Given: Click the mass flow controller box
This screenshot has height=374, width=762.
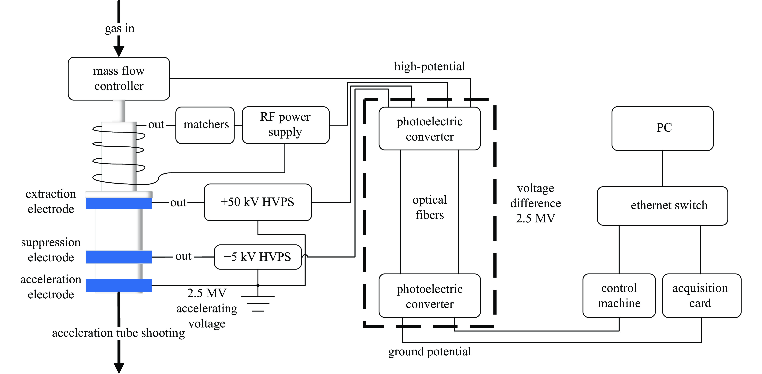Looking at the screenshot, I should click(119, 78).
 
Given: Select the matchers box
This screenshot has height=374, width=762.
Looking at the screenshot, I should click(205, 125).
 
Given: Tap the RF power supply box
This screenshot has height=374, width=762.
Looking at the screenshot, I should click(285, 125).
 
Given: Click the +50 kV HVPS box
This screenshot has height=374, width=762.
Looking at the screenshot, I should click(258, 202).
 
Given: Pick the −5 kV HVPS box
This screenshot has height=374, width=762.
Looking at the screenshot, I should click(258, 257).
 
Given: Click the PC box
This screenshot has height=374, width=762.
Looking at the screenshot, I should click(662, 128).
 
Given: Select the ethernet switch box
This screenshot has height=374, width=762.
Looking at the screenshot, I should click(662, 206).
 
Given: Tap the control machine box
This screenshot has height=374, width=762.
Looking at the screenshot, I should click(619, 296).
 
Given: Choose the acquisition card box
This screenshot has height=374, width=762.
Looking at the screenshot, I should click(701, 296).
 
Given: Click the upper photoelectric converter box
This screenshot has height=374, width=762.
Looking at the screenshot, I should click(430, 129).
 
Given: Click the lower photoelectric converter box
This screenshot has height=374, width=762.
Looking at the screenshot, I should click(430, 296).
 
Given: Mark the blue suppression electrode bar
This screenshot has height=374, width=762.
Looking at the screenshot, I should click(119, 257).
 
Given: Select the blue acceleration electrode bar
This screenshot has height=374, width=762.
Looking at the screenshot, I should click(119, 285).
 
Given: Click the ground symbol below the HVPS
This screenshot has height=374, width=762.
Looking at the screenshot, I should click(258, 304).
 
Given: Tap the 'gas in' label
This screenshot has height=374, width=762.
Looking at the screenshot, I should click(120, 28).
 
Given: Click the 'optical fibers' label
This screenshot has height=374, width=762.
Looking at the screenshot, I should click(430, 207).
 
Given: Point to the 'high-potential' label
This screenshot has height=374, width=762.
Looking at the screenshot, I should click(430, 66).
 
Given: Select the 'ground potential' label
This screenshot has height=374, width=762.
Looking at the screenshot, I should click(430, 352).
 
